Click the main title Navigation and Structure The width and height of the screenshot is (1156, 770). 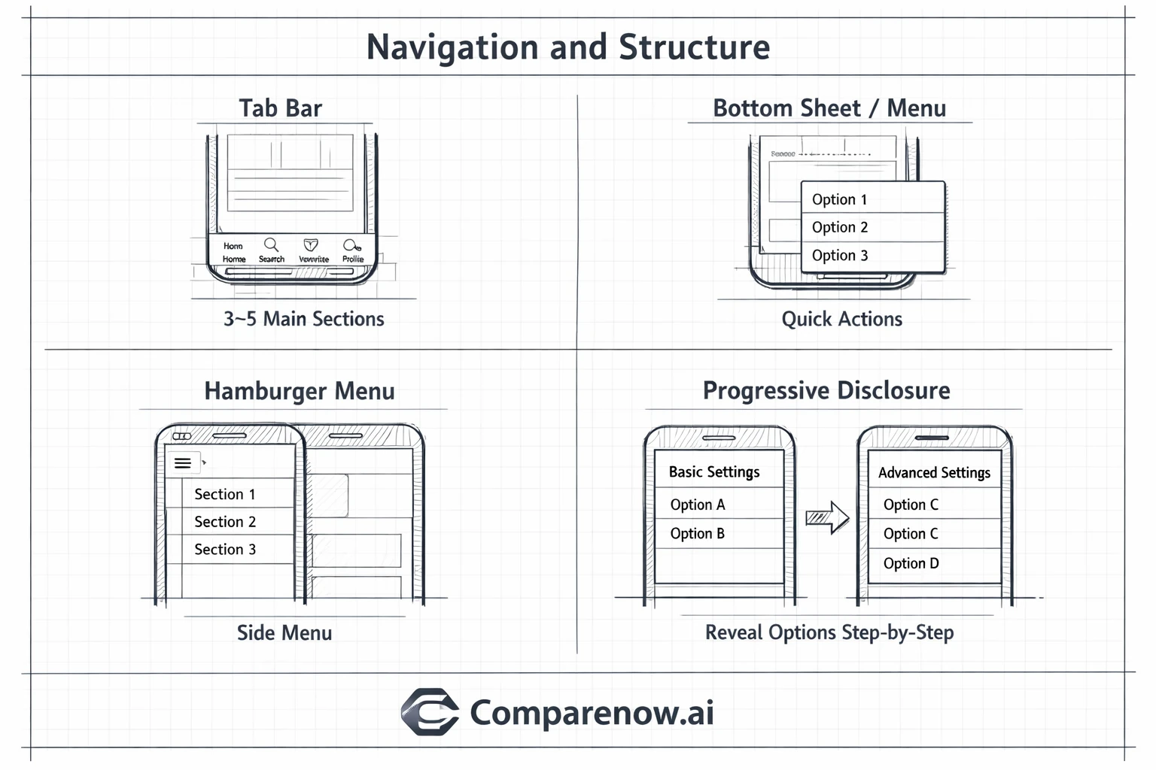click(x=568, y=47)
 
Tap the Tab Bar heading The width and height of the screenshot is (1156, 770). click(x=281, y=108)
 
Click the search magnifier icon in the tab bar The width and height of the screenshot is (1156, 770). click(x=271, y=245)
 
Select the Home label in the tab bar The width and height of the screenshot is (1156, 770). click(x=234, y=259)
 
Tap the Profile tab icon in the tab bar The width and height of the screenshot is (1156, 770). click(x=351, y=246)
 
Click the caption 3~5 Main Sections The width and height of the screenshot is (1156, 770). click(x=303, y=319)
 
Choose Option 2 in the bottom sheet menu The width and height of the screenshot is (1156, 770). click(x=840, y=227)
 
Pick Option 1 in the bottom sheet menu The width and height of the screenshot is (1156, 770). click(x=839, y=199)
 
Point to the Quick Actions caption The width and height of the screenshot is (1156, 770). click(x=841, y=319)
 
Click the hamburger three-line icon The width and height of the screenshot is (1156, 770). click(x=183, y=463)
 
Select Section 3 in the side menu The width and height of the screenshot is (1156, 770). click(x=225, y=549)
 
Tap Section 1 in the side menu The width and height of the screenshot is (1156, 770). click(x=225, y=494)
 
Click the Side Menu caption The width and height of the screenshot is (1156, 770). click(x=284, y=632)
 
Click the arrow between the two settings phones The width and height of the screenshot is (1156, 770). click(x=827, y=517)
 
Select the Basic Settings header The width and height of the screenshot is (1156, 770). click(x=714, y=471)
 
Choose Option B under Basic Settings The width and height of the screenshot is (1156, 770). click(x=697, y=533)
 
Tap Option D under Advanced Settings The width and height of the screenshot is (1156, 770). click(x=911, y=563)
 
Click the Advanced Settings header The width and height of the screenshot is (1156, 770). click(x=934, y=472)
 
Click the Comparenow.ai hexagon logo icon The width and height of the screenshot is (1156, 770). click(x=430, y=711)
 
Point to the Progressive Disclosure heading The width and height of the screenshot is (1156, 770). click(x=826, y=390)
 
